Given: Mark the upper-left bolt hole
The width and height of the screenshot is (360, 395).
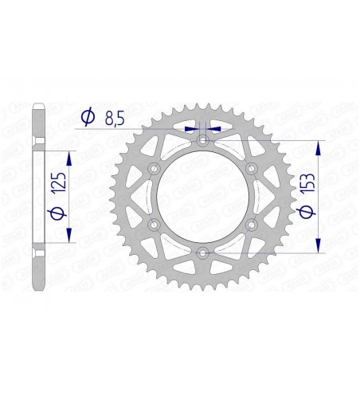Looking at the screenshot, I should pyautogui.click(x=154, y=168).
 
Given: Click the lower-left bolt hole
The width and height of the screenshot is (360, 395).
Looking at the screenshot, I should pyautogui.click(x=154, y=225).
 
